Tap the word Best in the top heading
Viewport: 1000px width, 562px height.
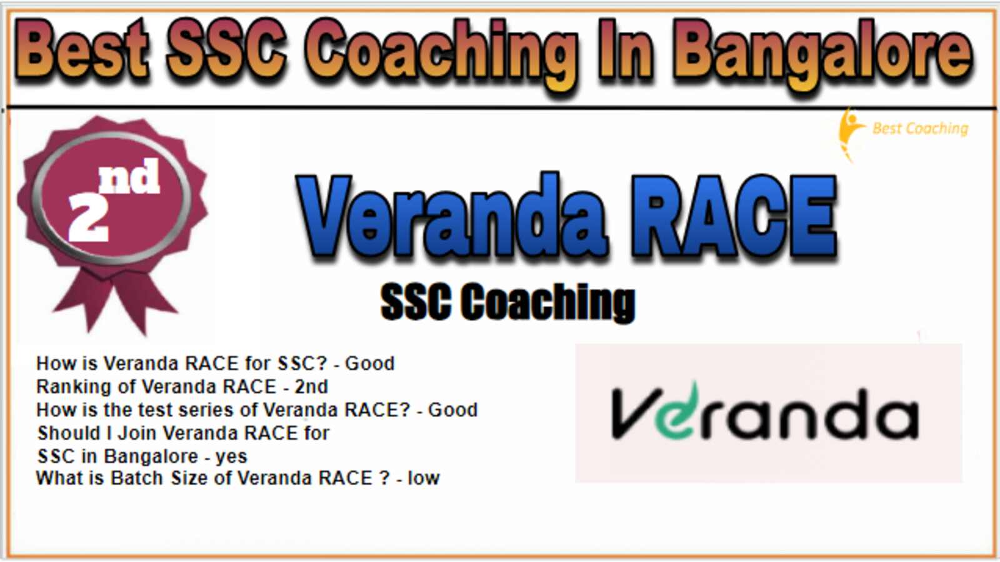[82, 50]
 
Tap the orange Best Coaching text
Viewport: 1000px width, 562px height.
[920, 129]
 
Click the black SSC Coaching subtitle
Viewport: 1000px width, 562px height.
[507, 302]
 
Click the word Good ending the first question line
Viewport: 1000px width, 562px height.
[370, 363]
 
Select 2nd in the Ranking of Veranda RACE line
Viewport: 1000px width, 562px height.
[311, 387]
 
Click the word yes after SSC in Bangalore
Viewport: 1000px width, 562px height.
[231, 456]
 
